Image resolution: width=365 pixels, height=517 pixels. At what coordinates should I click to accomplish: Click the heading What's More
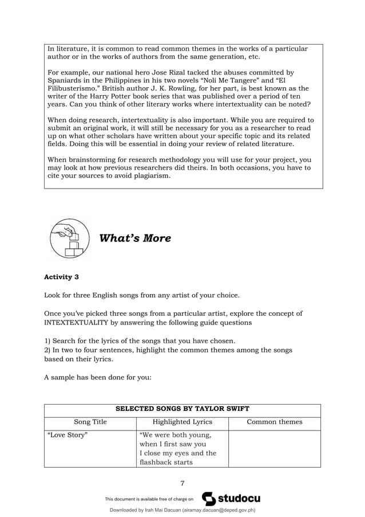point(135,238)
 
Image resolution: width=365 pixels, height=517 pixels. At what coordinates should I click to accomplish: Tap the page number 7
point(182,482)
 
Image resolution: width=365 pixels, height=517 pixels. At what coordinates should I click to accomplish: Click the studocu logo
point(231,499)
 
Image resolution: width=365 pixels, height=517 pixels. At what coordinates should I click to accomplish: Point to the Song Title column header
point(90,422)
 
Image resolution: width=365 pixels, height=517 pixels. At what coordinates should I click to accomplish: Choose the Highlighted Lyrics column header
point(182,422)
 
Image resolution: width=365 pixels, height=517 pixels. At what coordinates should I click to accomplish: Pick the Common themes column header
point(274,422)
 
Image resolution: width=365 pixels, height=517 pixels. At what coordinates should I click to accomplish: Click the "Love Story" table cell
point(67,435)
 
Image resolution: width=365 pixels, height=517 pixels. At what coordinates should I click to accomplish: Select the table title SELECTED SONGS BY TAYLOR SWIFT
point(182,409)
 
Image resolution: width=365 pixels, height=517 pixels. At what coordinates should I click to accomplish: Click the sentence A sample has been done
point(97,378)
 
